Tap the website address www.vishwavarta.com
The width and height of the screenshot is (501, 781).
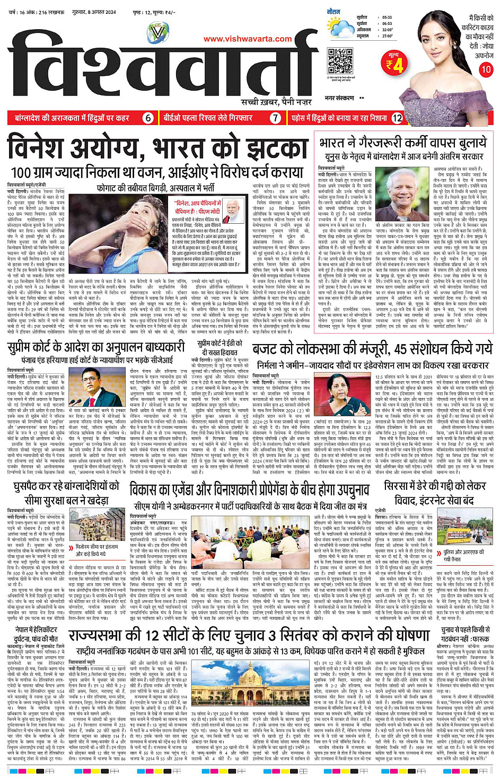tap(248, 39)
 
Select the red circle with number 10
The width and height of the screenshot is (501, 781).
tap(485, 69)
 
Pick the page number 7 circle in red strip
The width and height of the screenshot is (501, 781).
tap(275, 118)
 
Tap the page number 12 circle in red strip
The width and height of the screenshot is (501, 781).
tap(397, 118)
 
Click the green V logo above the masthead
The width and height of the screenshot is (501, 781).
tap(157, 33)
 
